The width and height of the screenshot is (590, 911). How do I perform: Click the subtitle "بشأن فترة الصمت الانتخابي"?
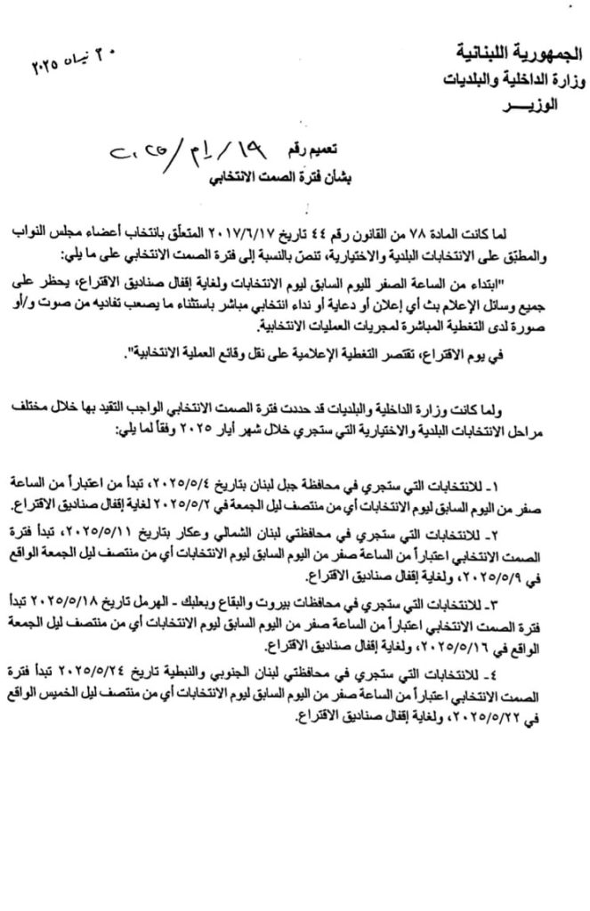tap(284, 176)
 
